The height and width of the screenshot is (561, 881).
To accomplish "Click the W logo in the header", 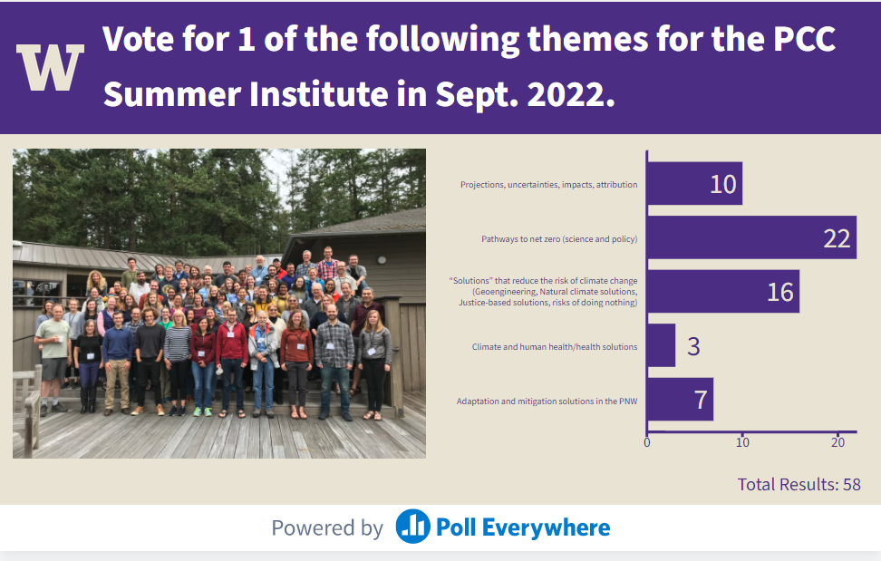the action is [50, 67].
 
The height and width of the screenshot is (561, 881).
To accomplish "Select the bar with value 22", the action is [751, 237].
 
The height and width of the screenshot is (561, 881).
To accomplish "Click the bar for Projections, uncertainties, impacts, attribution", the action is [694, 184].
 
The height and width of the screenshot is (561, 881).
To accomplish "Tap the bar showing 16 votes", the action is [723, 292].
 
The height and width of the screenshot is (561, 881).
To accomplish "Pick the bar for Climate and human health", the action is [662, 345].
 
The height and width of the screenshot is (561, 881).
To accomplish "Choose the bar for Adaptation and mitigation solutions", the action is [680, 400].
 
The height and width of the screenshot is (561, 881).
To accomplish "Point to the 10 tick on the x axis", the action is [742, 442].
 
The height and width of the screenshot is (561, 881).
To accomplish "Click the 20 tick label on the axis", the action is [837, 442].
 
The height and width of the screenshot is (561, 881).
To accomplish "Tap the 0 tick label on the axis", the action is [647, 442].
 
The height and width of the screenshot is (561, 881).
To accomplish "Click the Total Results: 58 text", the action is [799, 484].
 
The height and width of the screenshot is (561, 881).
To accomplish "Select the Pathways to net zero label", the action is [559, 238].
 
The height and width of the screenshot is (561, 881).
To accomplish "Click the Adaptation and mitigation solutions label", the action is [547, 401].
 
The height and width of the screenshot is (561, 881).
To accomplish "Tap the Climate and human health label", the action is [555, 346].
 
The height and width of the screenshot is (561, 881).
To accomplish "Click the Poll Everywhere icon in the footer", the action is [413, 527].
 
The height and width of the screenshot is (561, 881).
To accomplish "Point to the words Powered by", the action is [327, 527].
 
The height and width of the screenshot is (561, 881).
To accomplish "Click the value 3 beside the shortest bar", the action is [694, 346].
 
